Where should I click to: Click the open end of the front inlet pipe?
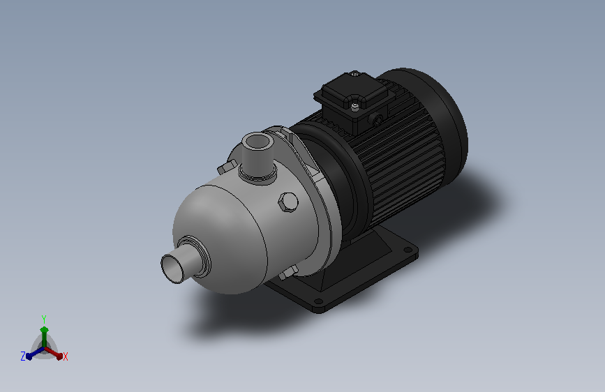[x=172, y=269]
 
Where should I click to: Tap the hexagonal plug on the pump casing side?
[x=287, y=202]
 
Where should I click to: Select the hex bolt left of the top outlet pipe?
[x=227, y=167]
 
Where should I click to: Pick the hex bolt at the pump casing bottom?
[x=287, y=273]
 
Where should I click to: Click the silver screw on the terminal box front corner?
[x=355, y=106]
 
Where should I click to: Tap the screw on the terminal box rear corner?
[x=354, y=73]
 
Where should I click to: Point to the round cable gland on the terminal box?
[x=377, y=119]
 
